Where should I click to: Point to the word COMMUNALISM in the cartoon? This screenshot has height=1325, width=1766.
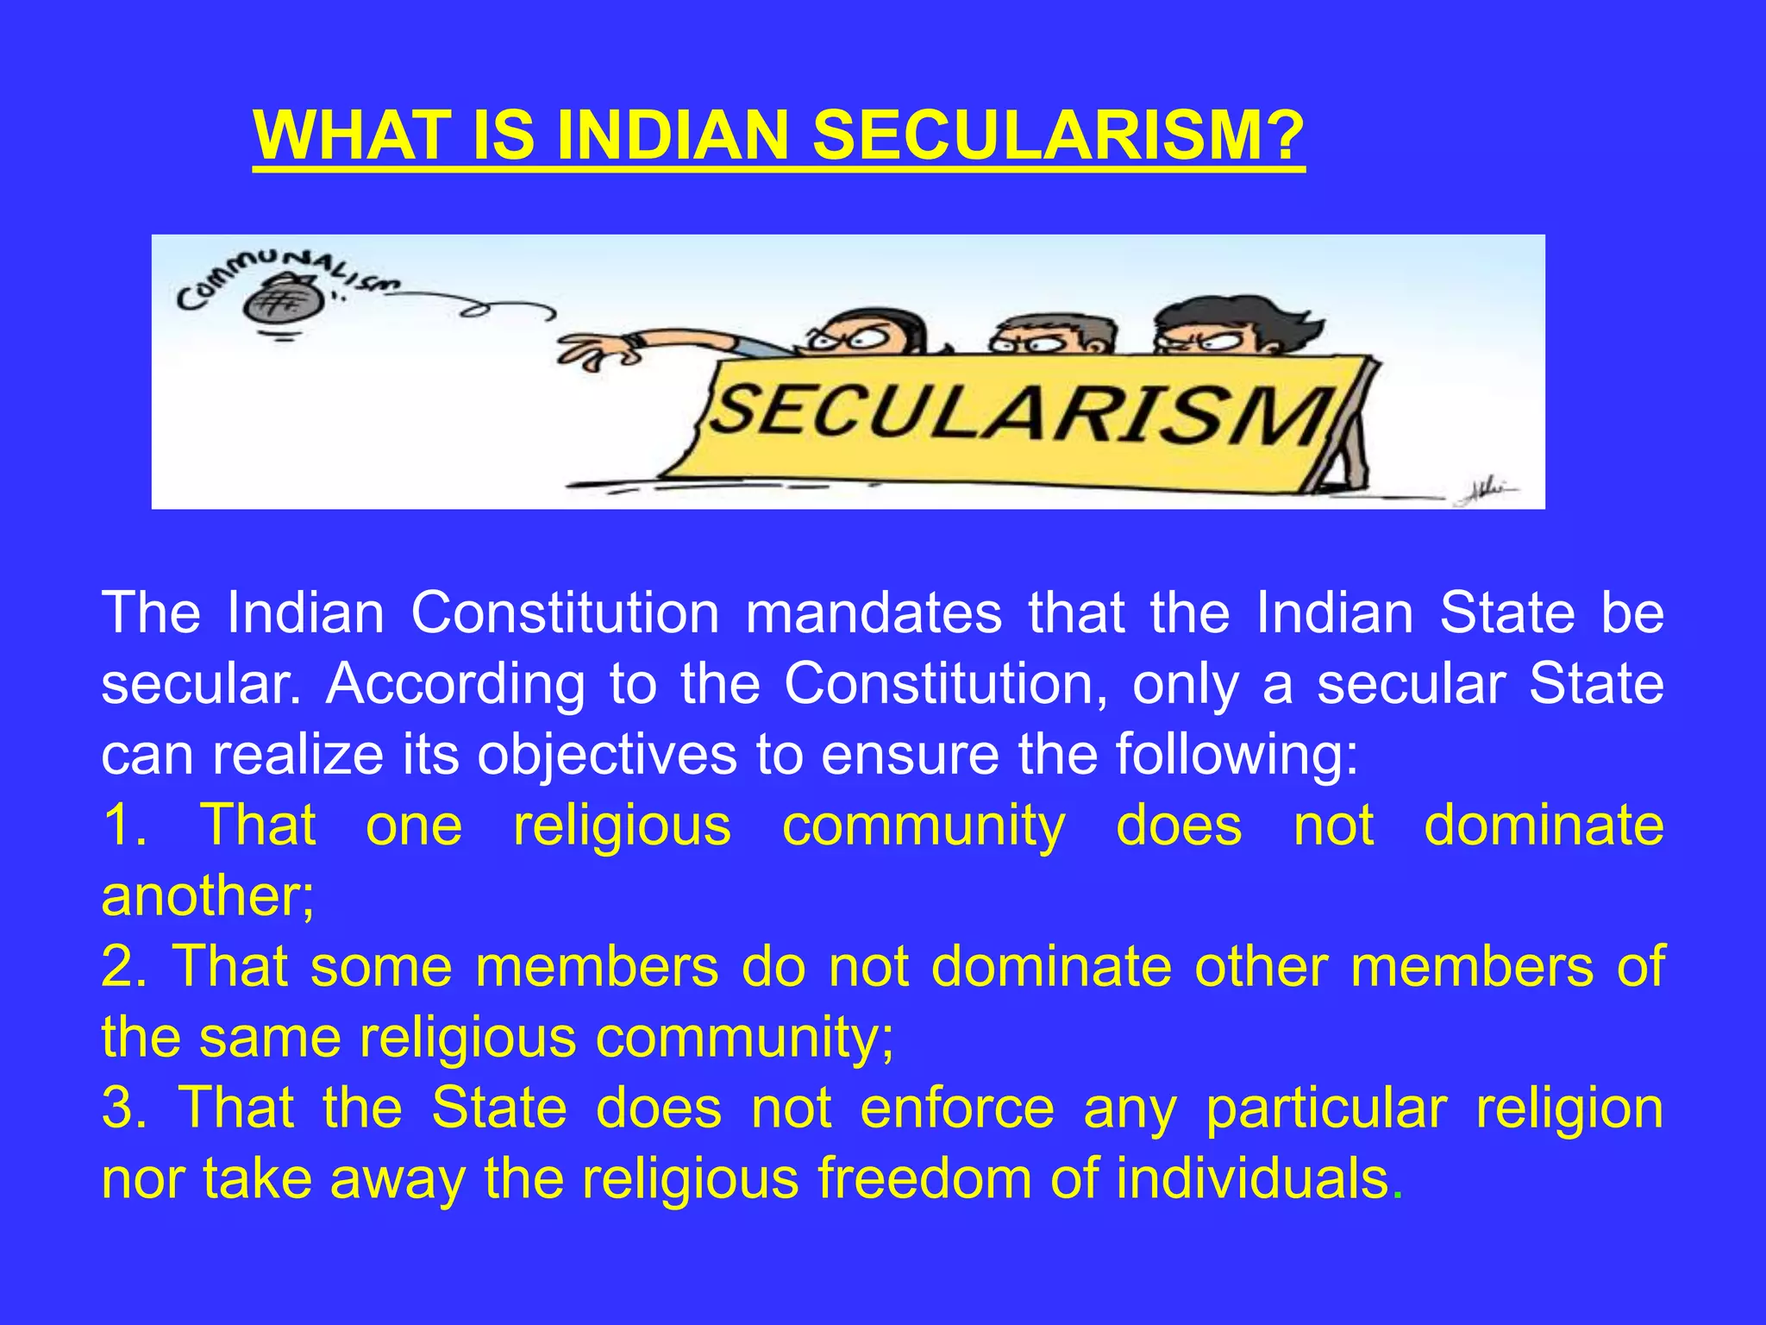[285, 274]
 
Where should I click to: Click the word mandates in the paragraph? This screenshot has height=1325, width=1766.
[874, 613]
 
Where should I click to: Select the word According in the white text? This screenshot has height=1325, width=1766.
[455, 684]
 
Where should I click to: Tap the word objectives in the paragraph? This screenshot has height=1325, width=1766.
[607, 755]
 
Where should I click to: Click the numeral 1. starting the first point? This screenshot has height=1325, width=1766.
[125, 826]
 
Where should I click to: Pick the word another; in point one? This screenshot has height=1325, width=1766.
[208, 896]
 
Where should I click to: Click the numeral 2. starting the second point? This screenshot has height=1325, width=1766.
[125, 967]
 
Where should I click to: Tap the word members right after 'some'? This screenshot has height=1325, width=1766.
[597, 967]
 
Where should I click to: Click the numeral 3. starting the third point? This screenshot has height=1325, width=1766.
[125, 1108]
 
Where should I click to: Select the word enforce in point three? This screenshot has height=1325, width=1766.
[957, 1108]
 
